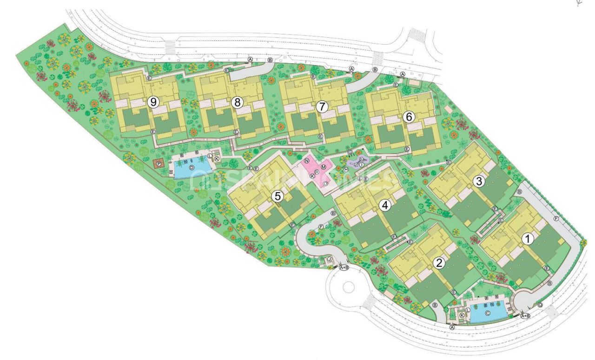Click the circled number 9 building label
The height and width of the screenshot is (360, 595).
(152, 101)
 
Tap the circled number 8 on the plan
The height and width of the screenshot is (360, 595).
(238, 103)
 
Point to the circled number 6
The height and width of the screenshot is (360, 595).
(409, 117)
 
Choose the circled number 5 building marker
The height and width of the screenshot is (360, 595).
(278, 196)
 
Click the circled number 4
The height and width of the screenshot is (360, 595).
(384, 204)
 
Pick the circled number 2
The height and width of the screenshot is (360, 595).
(438, 263)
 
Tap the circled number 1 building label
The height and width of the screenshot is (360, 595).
(527, 239)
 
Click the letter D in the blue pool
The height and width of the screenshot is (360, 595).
(191, 167)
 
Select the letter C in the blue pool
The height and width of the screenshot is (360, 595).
(488, 313)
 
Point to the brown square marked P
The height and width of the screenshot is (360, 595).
(159, 164)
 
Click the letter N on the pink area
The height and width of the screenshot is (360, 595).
(307, 160)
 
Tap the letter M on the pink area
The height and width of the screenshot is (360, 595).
(323, 167)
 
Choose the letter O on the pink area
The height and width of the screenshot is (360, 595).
(325, 183)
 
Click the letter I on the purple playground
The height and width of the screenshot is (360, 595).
(361, 164)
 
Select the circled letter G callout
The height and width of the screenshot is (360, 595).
(350, 153)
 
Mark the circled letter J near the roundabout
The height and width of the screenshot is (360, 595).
(329, 259)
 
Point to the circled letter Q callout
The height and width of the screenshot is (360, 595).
(540, 306)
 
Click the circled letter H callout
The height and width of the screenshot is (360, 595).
(346, 169)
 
